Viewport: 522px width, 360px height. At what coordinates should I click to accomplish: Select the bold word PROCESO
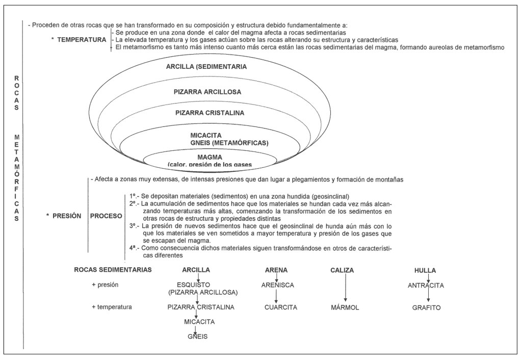coord(106,216)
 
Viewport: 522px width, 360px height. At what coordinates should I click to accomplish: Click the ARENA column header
coord(276,270)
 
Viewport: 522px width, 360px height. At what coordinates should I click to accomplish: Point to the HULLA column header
coord(425,270)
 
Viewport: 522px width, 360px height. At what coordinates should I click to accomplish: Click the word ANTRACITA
coord(426,285)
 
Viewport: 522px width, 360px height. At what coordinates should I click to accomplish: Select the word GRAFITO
coord(426,307)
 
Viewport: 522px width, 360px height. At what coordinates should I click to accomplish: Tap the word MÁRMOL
coord(345,307)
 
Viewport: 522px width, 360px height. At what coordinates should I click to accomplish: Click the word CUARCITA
coord(280,307)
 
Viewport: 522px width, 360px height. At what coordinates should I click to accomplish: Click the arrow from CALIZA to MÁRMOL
coord(345,288)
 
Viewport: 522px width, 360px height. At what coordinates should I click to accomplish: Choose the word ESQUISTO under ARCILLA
coord(197,285)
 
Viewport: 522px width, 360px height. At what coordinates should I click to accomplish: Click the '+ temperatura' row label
coord(112,307)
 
